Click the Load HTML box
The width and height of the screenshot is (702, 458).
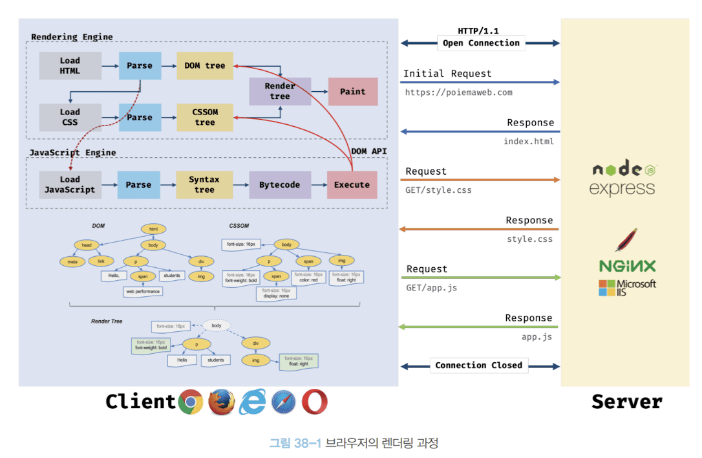(x=70, y=66)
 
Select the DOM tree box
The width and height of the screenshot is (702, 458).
(x=205, y=66)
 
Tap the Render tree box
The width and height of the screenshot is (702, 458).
(x=280, y=91)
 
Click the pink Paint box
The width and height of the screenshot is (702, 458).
(x=353, y=92)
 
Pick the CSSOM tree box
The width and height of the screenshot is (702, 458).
(x=205, y=117)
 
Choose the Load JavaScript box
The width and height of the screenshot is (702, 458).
(x=70, y=184)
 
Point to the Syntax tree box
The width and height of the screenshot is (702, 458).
(x=204, y=184)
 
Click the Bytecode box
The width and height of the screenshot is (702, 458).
(x=280, y=185)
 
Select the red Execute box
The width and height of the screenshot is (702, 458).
(x=352, y=185)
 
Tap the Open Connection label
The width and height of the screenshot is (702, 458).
(x=481, y=43)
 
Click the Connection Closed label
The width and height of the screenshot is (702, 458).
(x=478, y=365)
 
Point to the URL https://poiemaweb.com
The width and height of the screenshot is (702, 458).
(x=459, y=93)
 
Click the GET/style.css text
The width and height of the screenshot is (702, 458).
(x=439, y=190)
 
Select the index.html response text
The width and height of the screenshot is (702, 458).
(x=529, y=142)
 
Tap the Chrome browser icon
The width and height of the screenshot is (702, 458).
(x=191, y=402)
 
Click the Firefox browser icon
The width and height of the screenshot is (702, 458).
(x=222, y=402)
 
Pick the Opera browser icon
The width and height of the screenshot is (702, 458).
(x=315, y=402)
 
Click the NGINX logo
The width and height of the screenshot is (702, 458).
(x=627, y=266)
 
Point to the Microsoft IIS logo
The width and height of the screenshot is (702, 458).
(x=627, y=288)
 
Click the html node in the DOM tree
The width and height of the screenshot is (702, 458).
(x=154, y=229)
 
